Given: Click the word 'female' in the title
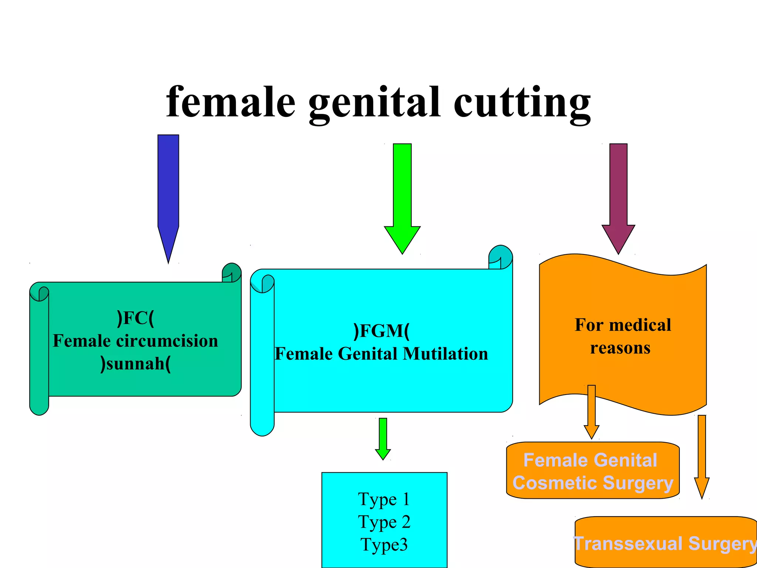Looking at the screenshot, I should tap(231, 102).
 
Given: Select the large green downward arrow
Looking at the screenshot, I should tap(402, 196).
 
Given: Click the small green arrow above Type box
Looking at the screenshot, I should tap(383, 438).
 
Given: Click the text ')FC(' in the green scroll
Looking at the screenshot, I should tap(135, 318).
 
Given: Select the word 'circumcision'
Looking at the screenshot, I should tap(167, 341).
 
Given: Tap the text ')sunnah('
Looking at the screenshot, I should tap(135, 364).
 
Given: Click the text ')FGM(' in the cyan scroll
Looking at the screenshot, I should tap(381, 331).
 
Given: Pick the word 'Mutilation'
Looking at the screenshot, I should tap(445, 354).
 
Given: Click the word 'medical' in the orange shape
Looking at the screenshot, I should tap(640, 325).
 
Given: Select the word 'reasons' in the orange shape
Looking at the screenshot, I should tap(620, 348).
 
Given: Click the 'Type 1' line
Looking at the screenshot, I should tap(384, 499).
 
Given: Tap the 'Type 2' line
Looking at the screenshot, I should tap(384, 522).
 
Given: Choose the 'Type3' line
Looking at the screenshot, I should tap(384, 545).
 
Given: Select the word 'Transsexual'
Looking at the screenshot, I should tap(628, 544).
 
